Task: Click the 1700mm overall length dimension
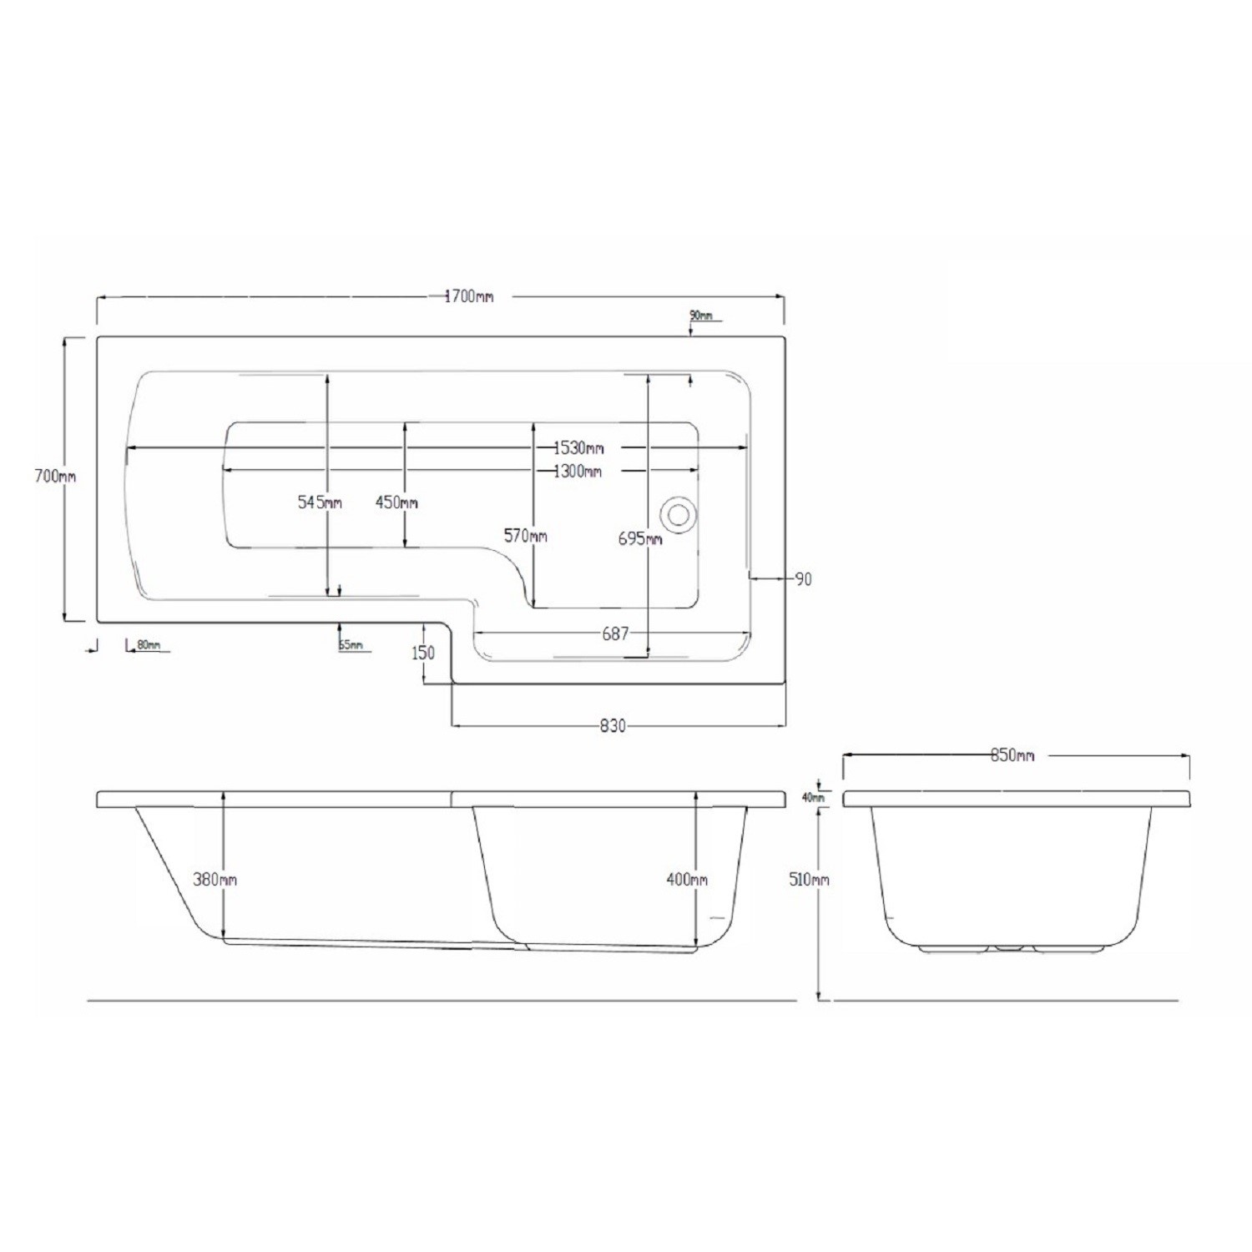coord(469,296)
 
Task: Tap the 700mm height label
coord(54,477)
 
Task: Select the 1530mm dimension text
coord(578,448)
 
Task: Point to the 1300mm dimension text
coord(578,472)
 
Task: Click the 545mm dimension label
coord(320,502)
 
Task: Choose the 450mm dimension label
coord(396,502)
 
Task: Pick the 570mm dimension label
coord(525,536)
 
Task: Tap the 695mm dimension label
coord(640,539)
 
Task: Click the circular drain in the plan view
coord(677,513)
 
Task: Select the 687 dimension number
coord(615,634)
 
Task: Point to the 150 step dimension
coord(423,653)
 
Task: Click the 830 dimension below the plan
coord(613,726)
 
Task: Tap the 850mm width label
coord(1012,755)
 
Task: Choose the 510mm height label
coord(808,880)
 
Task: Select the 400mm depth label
coord(687,879)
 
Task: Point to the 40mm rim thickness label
coord(812,797)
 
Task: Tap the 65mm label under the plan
coord(351,645)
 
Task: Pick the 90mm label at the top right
coord(701,316)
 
